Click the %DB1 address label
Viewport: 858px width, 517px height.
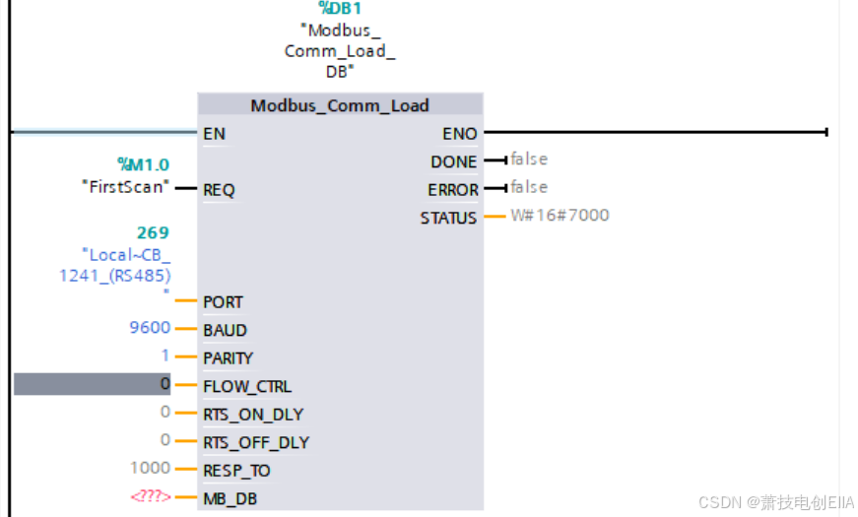pos(340,9)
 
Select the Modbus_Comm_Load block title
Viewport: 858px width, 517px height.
pos(340,105)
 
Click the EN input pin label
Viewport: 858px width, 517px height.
pos(214,133)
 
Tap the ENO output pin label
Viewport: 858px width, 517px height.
pos(460,133)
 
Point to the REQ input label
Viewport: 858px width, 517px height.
pos(219,189)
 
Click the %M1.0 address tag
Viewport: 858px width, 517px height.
pos(143,163)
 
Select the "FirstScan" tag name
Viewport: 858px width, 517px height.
pos(125,186)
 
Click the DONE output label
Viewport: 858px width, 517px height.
pos(453,162)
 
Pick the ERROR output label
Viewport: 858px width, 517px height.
pos(452,189)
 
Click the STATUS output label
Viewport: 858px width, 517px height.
pos(448,218)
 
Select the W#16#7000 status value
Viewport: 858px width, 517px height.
pos(560,215)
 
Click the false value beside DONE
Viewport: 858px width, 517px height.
pos(529,159)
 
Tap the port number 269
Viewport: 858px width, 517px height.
pos(153,233)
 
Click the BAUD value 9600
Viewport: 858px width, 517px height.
pos(150,328)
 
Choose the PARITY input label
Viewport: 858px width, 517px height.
pos(228,358)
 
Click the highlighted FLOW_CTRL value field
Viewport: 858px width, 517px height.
pos(93,384)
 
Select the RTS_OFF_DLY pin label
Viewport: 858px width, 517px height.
pos(255,442)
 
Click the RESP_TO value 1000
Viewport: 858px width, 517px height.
pos(150,468)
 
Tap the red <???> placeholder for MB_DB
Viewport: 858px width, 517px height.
pos(150,496)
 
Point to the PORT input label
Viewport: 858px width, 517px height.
pos(223,302)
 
